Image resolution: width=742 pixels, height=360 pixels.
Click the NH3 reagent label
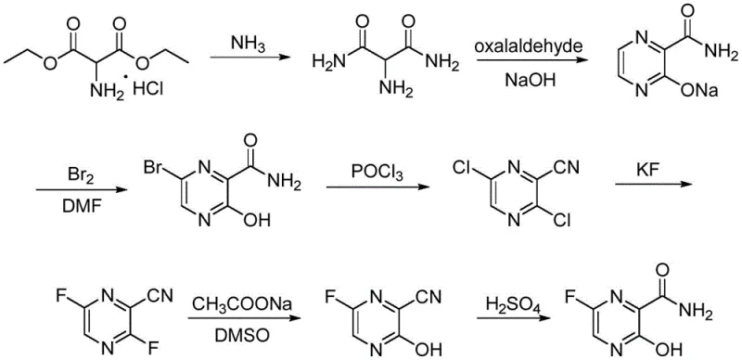pos(248,43)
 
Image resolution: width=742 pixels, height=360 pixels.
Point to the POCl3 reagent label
pos(369,172)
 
